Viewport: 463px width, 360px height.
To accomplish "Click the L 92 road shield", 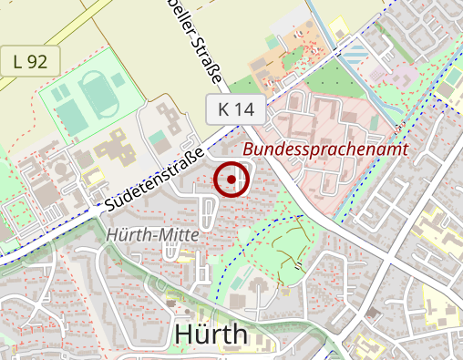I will (x=30, y=62).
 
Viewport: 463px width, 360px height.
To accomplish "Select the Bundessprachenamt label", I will (x=325, y=149).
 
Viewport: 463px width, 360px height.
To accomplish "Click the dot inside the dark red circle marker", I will (x=231, y=180).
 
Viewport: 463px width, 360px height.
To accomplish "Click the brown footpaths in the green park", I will (x=289, y=240).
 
